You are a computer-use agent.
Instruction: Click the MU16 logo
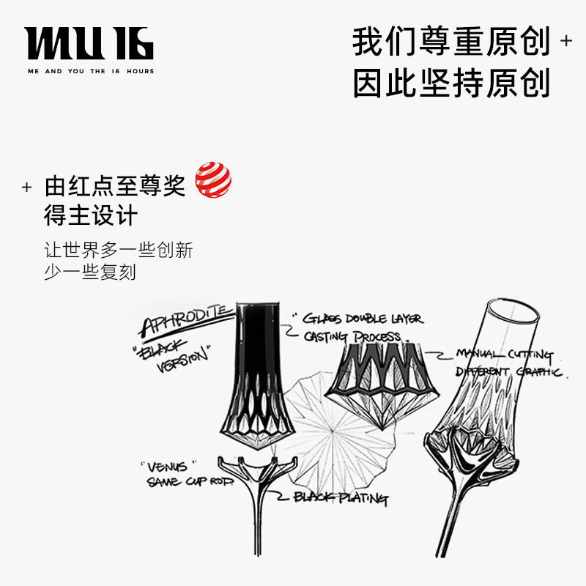click(x=89, y=43)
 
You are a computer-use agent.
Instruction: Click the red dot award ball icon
click(x=213, y=180)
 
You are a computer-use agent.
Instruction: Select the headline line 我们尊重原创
click(x=450, y=42)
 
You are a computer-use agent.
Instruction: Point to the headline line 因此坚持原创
click(x=450, y=84)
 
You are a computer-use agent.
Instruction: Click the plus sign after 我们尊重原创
click(x=565, y=41)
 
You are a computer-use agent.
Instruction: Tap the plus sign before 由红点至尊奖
click(x=27, y=188)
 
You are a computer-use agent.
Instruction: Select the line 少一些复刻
click(x=90, y=272)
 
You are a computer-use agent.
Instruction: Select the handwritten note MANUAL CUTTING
click(x=505, y=355)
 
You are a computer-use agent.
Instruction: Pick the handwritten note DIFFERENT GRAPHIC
click(x=508, y=372)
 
